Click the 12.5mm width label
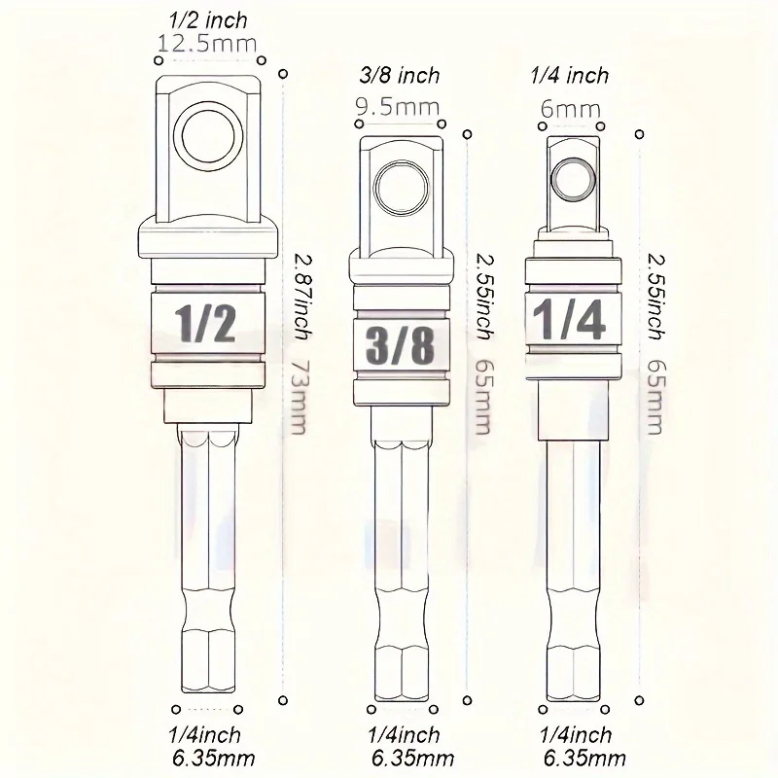(207, 44)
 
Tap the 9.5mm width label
(398, 107)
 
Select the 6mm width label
(571, 109)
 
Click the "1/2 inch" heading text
(208, 20)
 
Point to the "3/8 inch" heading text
(400, 76)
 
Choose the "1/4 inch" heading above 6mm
(570, 76)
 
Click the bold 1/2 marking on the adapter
(205, 324)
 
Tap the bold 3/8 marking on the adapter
(400, 345)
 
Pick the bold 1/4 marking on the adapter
(569, 319)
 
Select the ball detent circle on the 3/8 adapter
(402, 188)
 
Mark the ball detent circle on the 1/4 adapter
(574, 179)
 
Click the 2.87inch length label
(301, 297)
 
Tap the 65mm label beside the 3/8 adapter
(482, 397)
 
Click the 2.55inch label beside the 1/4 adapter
(656, 297)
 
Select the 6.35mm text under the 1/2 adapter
(214, 759)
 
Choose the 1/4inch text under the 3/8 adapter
(404, 735)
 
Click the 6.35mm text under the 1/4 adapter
(584, 759)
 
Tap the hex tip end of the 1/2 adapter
(207, 690)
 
